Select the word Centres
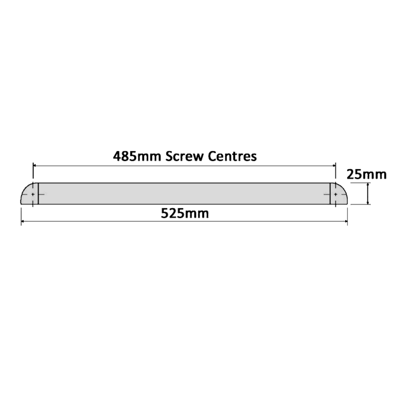(x=232, y=156)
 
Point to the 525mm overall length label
(x=184, y=214)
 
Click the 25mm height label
(x=366, y=175)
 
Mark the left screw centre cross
(x=32, y=194)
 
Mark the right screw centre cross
(x=335, y=194)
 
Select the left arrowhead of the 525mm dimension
(x=23, y=220)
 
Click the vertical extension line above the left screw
(x=34, y=174)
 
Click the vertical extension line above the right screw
(x=335, y=174)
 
